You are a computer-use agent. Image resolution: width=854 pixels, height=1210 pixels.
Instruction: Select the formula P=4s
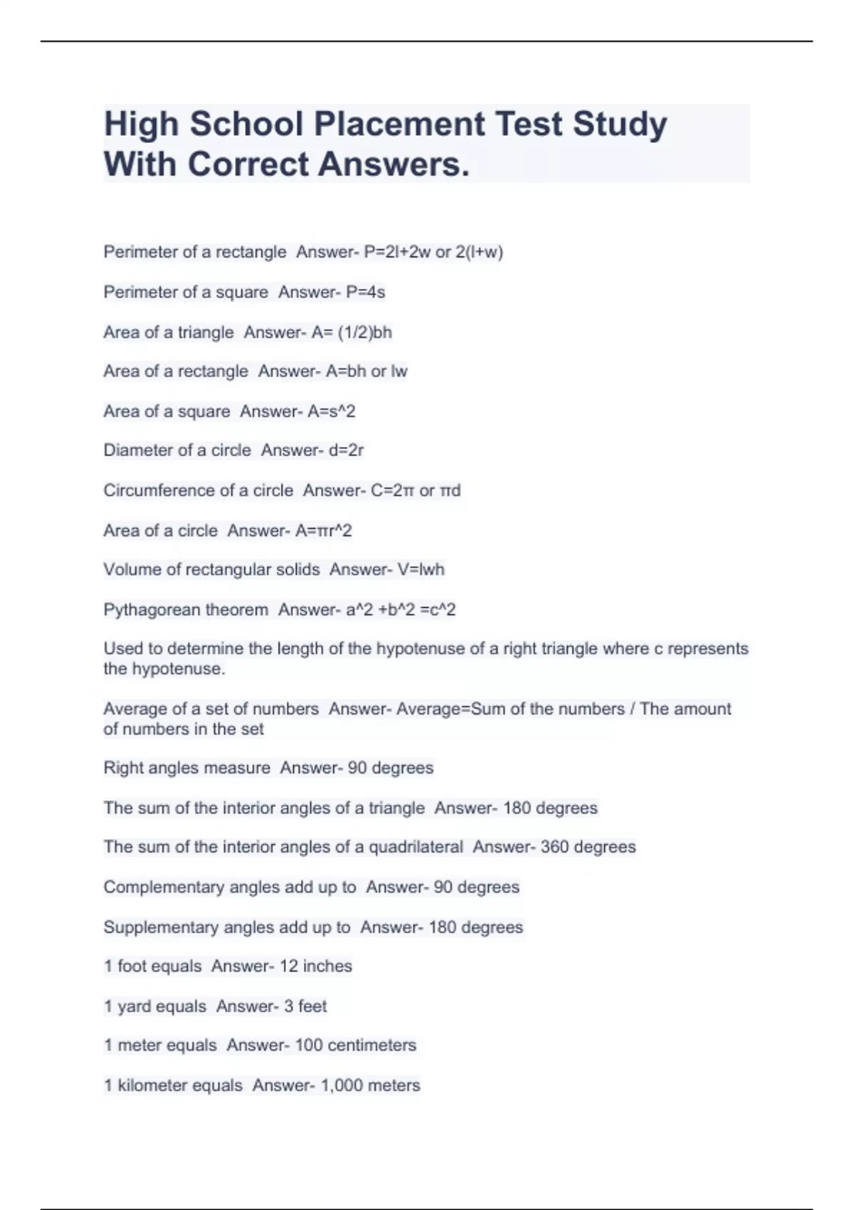[x=366, y=292]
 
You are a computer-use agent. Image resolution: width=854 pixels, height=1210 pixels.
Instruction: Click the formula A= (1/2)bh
[x=352, y=332]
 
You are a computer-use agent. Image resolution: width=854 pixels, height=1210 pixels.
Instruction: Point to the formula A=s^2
[x=332, y=411]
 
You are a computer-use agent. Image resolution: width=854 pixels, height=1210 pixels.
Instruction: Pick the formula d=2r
[x=347, y=450]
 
